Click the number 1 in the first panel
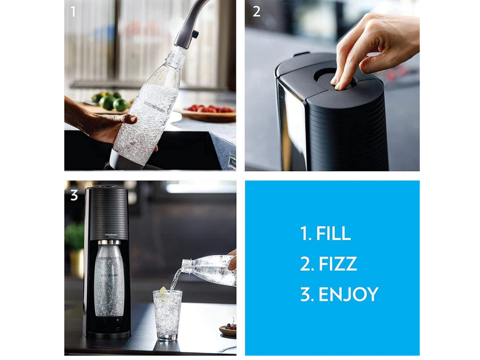(x=73, y=11)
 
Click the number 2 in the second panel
(x=257, y=11)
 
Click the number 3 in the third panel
(x=74, y=195)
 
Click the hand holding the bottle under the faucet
(x=96, y=122)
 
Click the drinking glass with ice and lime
(x=168, y=314)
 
